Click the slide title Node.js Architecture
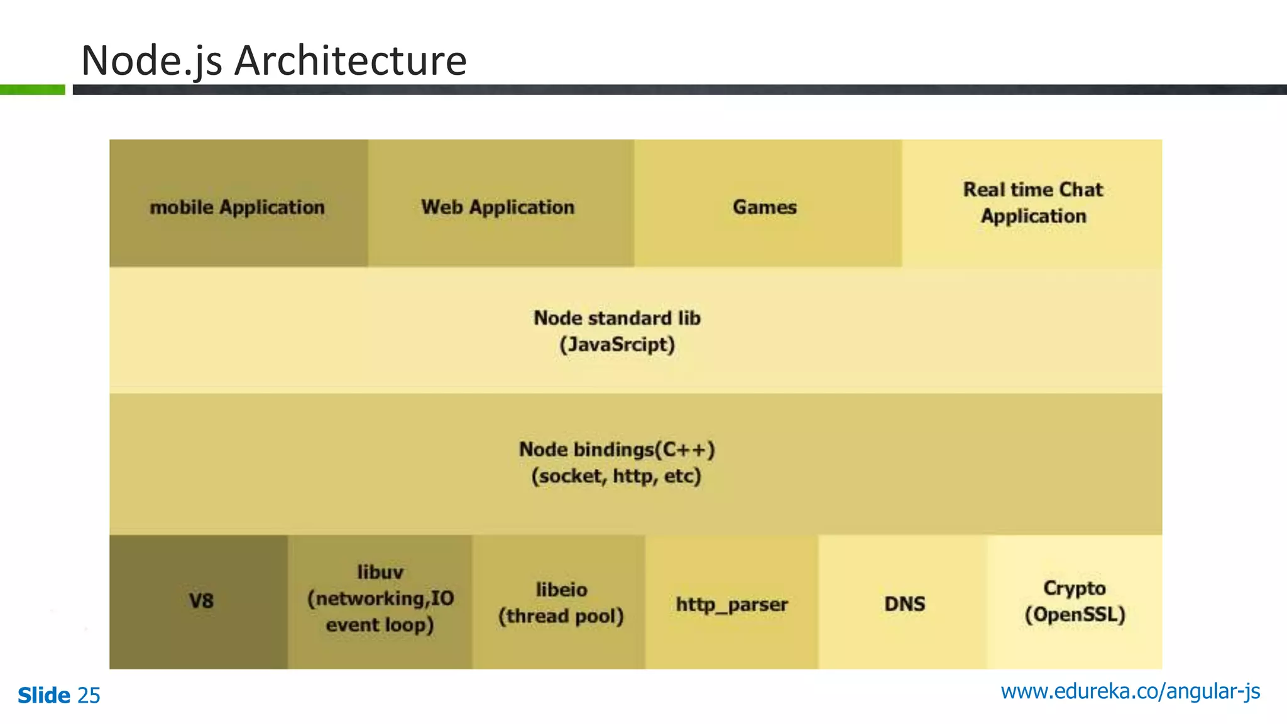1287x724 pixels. tap(274, 61)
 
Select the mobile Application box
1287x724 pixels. tap(238, 204)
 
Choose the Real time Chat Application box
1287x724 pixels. tap(1032, 203)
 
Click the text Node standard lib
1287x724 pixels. tap(617, 318)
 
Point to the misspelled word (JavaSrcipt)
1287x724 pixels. tap(617, 345)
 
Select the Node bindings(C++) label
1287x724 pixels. tap(617, 449)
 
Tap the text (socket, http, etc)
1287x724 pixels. tap(616, 476)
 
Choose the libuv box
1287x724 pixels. tap(380, 601)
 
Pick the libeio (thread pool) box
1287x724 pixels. tap(559, 602)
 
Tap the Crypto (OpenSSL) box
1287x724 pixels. tap(1075, 601)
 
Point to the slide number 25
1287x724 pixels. tap(89, 696)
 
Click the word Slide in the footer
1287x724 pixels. tap(44, 696)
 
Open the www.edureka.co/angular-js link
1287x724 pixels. tap(1130, 691)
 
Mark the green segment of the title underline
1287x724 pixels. tap(32, 90)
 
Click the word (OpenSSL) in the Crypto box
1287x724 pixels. tap(1075, 615)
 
